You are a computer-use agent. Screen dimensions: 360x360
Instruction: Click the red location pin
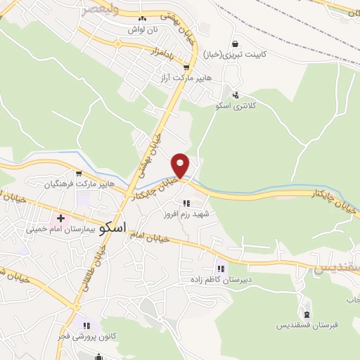(181, 165)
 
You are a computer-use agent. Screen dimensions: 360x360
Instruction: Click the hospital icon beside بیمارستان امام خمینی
(61, 219)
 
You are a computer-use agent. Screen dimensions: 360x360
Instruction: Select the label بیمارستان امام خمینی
(56, 229)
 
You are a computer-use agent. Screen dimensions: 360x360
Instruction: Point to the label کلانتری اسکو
(235, 105)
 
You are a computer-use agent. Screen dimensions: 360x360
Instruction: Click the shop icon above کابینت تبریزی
(243, 42)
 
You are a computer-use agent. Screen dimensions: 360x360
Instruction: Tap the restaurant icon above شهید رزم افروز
(186, 202)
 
